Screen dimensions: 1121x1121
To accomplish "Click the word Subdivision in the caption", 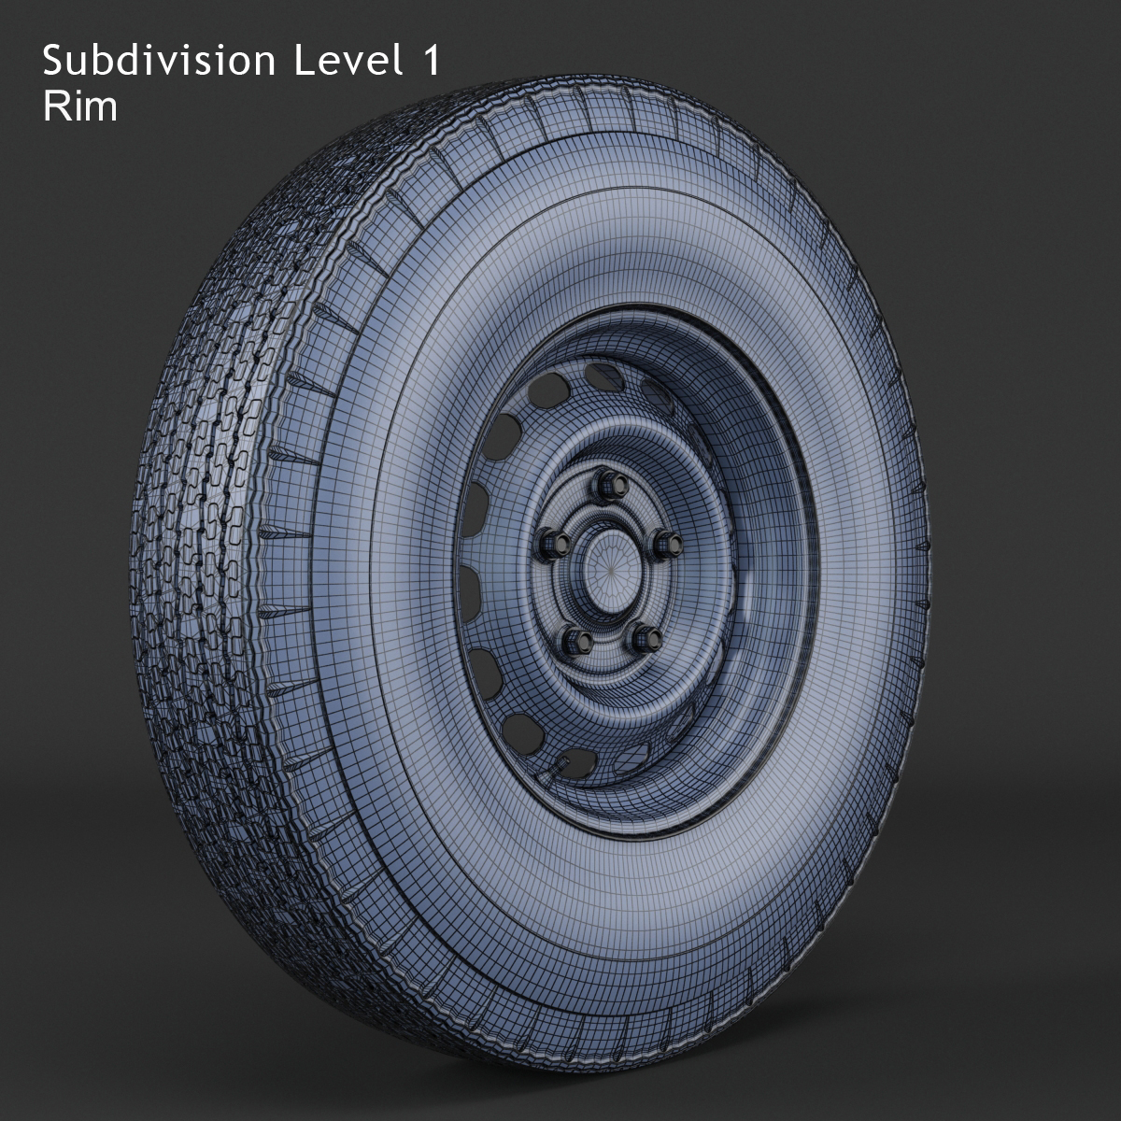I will pos(159,62).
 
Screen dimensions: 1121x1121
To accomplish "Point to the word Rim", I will pos(80,106).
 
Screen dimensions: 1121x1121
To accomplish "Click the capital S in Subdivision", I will pos(53,62).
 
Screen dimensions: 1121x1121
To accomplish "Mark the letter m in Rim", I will pos(102,109).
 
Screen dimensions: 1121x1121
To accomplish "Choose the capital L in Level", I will pos(302,62).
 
